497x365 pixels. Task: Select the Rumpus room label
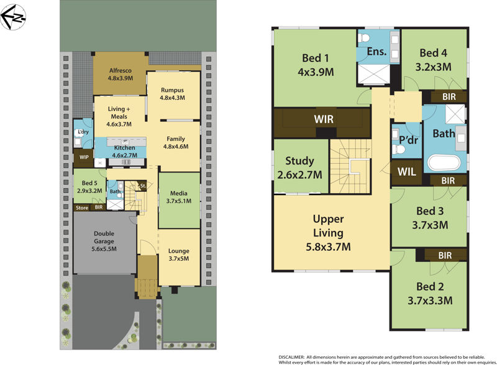click(173, 94)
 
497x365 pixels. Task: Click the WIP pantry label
click(84, 156)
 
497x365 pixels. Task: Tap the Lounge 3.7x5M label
click(179, 255)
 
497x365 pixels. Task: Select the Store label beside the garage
click(82, 207)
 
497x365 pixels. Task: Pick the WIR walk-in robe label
click(324, 118)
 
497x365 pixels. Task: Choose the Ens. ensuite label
click(376, 53)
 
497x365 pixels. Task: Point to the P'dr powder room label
click(406, 139)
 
